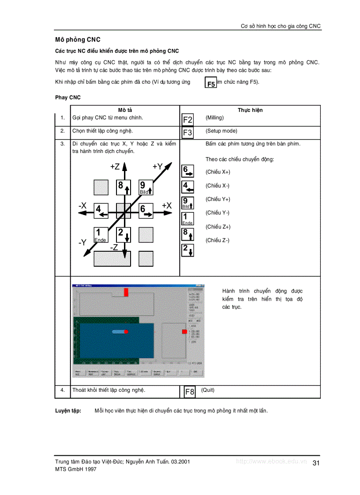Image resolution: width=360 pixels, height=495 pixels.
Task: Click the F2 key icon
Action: pyautogui.click(x=187, y=119)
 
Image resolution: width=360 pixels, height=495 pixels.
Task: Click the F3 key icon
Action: pyautogui.click(x=187, y=133)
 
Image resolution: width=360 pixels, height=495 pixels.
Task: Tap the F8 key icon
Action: pyautogui.click(x=190, y=391)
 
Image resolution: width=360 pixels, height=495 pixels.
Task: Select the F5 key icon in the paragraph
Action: pyautogui.click(x=211, y=83)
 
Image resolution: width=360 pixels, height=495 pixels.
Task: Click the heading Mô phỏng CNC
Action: pyautogui.click(x=78, y=40)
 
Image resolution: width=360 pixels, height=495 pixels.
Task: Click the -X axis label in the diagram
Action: pyautogui.click(x=82, y=205)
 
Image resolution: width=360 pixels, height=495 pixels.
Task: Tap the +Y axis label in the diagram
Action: pyautogui.click(x=157, y=166)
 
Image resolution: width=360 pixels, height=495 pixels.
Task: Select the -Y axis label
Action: pyautogui.click(x=82, y=242)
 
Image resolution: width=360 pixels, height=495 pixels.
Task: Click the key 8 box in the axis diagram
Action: pyautogui.click(x=124, y=187)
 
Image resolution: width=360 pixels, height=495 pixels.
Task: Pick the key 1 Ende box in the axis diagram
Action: pyautogui.click(x=101, y=234)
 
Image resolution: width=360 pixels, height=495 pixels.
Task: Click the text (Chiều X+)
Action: pyautogui.click(x=217, y=172)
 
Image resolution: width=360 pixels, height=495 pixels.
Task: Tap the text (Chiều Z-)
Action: pyautogui.click(x=217, y=240)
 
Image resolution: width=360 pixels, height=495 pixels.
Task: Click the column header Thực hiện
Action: pyautogui.click(x=250, y=110)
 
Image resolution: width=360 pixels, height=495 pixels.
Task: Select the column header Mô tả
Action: pyautogui.click(x=125, y=110)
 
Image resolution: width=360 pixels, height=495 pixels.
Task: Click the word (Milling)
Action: pyautogui.click(x=214, y=118)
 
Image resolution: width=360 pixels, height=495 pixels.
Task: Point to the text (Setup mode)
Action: pyautogui.click(x=221, y=131)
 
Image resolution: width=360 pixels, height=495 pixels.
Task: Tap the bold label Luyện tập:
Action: pyautogui.click(x=68, y=410)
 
